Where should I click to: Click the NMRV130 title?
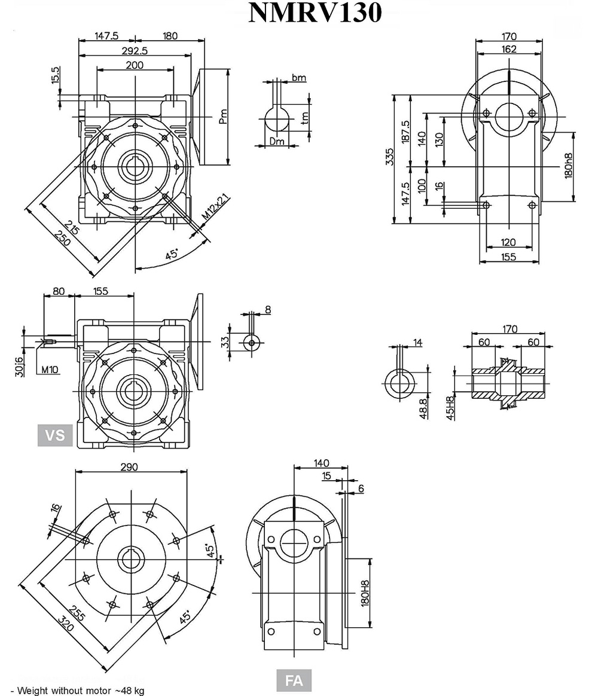(x=315, y=13)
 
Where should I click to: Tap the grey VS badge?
(x=55, y=435)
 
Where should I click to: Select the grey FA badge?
(x=294, y=680)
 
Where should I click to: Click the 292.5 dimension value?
(x=134, y=51)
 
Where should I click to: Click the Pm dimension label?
(x=222, y=115)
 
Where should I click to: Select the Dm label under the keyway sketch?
(x=276, y=142)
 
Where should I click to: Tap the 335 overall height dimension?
(x=390, y=156)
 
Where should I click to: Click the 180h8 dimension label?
(x=569, y=165)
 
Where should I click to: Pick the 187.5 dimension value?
(x=406, y=132)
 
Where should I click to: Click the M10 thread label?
(x=50, y=370)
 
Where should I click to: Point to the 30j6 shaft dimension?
(x=20, y=366)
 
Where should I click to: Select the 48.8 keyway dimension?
(x=423, y=408)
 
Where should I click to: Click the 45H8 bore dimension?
(x=451, y=407)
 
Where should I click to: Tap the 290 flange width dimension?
(x=129, y=466)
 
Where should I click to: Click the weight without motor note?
(x=78, y=691)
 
